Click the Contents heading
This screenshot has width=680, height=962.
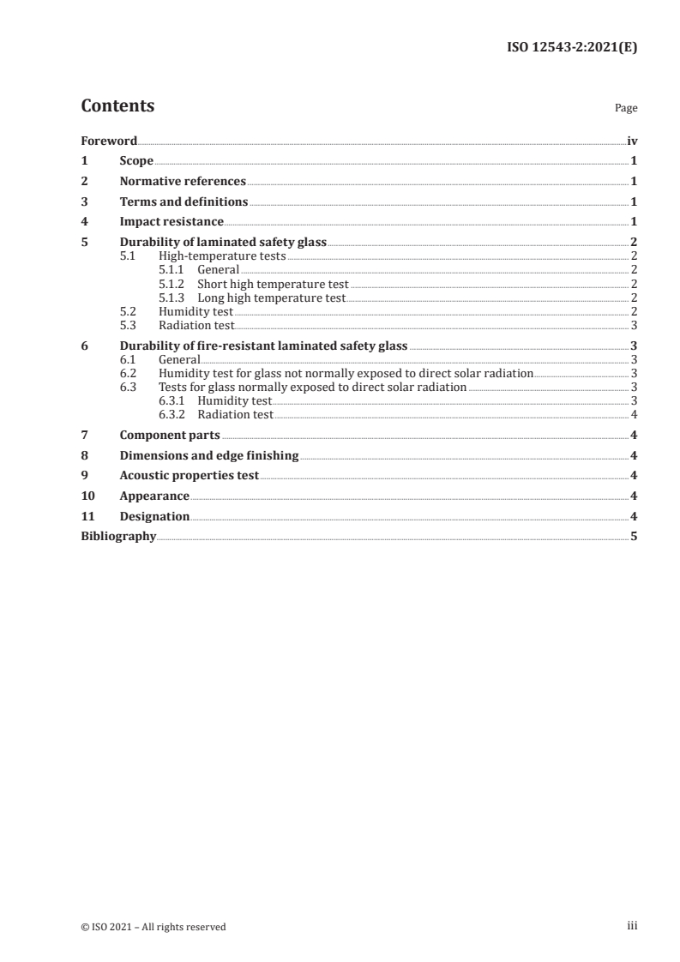click(x=117, y=106)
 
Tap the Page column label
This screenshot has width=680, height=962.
click(x=626, y=109)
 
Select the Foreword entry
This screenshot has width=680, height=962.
click(x=109, y=141)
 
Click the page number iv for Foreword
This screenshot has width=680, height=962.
click(x=632, y=141)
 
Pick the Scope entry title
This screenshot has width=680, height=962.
click(x=136, y=160)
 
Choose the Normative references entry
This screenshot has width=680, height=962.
click(x=183, y=181)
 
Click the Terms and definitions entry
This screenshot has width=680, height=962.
click(x=184, y=201)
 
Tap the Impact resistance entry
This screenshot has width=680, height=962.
click(x=172, y=222)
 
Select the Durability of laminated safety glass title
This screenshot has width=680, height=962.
click(x=223, y=243)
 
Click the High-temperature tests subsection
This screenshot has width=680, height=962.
click(x=222, y=256)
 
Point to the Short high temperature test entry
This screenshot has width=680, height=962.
click(x=273, y=284)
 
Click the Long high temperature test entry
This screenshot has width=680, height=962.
click(x=271, y=298)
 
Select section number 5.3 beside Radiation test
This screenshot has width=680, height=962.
click(x=128, y=326)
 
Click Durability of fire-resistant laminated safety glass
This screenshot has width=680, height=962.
click(x=263, y=346)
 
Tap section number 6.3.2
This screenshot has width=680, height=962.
click(x=174, y=415)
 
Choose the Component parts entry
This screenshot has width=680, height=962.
click(x=170, y=435)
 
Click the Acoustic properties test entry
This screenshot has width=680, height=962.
click(x=189, y=476)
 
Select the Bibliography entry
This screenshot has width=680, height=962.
click(x=118, y=536)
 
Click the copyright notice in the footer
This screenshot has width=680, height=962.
click(x=153, y=926)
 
